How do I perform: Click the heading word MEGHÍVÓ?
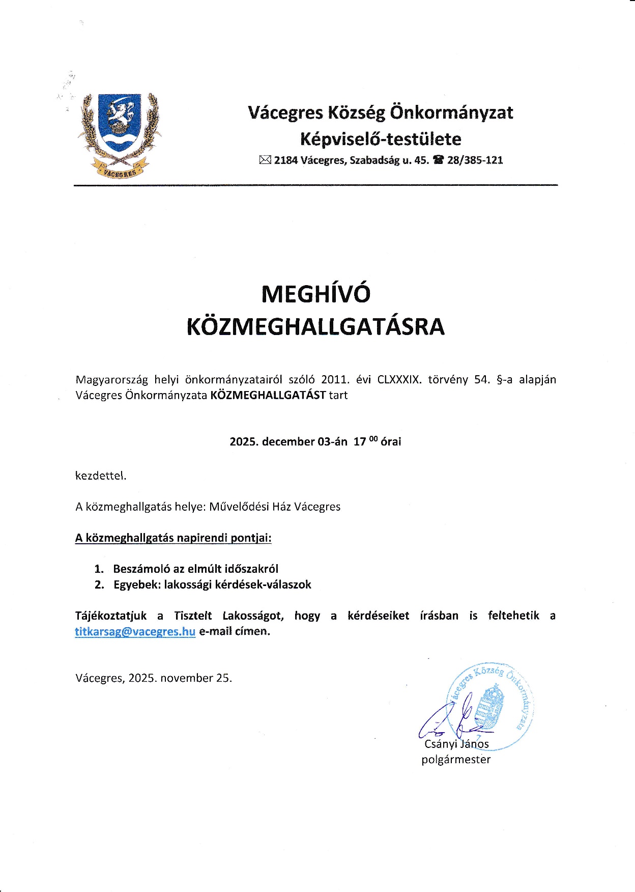pos(315,294)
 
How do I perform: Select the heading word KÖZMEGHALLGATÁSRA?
pos(315,327)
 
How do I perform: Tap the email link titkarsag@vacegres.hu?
pos(135,631)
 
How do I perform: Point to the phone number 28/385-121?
pos(475,160)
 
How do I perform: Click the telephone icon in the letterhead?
pos(438,160)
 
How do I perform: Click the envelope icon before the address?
pos(265,160)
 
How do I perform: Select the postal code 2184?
pos(286,160)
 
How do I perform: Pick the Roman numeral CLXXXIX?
pos(399,380)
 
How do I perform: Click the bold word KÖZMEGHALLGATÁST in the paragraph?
pos(268,395)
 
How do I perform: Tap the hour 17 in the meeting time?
pos(360,441)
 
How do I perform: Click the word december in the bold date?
pos(288,441)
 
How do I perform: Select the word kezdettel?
pos(101,476)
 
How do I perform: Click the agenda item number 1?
pos(99,569)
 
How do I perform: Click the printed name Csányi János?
pos(456,744)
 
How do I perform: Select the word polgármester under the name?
pos(456,760)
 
